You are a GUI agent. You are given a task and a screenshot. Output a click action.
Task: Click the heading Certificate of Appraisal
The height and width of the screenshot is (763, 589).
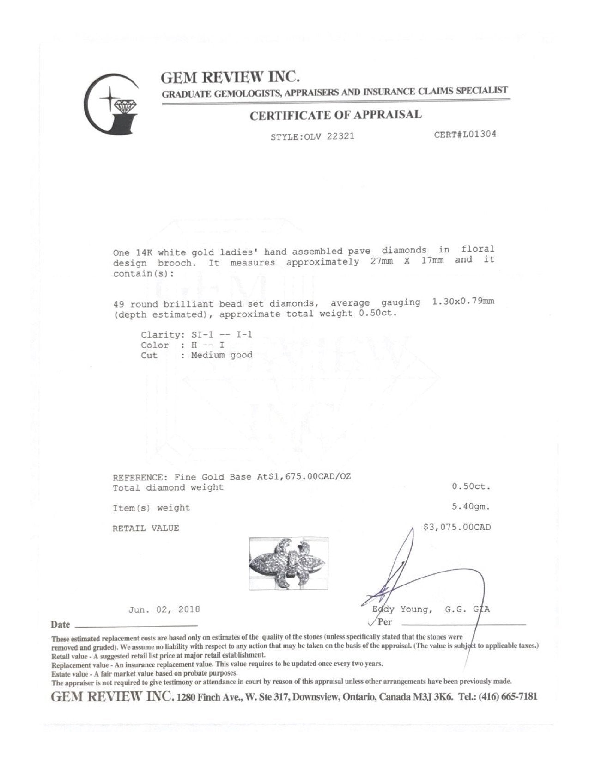click(x=335, y=115)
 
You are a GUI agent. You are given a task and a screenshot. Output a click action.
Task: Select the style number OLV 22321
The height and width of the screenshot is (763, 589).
click(x=334, y=137)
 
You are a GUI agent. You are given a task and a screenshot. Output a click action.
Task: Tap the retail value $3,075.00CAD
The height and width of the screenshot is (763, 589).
click(x=457, y=527)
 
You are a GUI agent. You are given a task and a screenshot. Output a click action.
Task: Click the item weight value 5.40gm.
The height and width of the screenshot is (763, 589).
click(x=471, y=506)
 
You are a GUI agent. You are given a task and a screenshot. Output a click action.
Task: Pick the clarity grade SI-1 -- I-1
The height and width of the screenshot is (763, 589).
click(x=222, y=334)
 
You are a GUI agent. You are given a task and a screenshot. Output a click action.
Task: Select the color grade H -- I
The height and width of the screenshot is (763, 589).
click(x=207, y=345)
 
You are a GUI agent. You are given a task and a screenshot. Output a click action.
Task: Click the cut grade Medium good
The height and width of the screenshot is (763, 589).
click(x=222, y=355)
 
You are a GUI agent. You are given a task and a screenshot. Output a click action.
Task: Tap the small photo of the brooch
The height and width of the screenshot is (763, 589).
click(x=288, y=563)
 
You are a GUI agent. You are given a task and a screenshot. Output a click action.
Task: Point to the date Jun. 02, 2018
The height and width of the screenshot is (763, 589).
click(x=164, y=609)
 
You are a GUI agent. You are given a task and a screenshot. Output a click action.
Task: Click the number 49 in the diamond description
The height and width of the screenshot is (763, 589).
click(x=119, y=304)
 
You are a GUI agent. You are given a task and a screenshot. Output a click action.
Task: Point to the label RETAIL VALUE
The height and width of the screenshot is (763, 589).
click(x=146, y=528)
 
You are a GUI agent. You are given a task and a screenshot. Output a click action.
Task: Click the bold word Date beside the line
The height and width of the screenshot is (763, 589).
click(x=61, y=625)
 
